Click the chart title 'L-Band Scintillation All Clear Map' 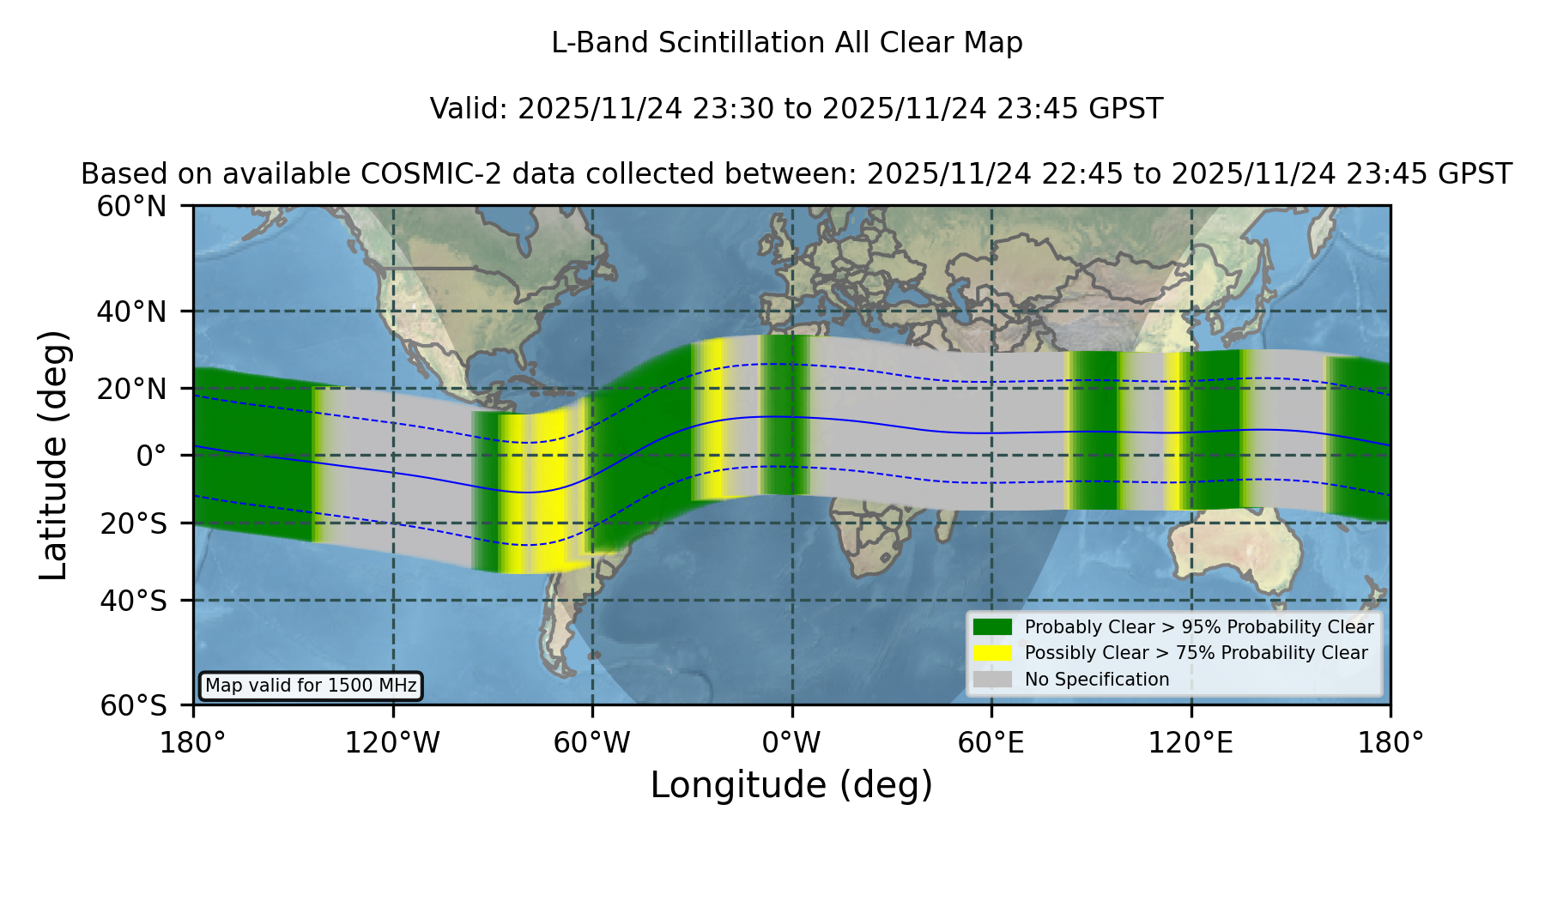click(786, 43)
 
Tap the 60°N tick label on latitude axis click(132, 206)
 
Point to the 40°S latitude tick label click(133, 601)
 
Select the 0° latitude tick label click(151, 456)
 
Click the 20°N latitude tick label click(132, 389)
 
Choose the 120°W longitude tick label click(392, 742)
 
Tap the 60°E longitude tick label click(991, 742)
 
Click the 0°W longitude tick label click(791, 742)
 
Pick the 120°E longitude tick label click(1191, 742)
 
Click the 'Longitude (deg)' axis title click(791, 785)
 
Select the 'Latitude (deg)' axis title click(54, 455)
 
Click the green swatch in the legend click(992, 627)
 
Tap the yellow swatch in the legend click(992, 653)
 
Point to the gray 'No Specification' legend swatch click(992, 680)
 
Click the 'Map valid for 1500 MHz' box click(311, 686)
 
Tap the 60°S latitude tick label click(133, 706)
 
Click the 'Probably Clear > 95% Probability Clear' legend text click(1199, 627)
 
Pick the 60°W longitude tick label click(592, 742)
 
